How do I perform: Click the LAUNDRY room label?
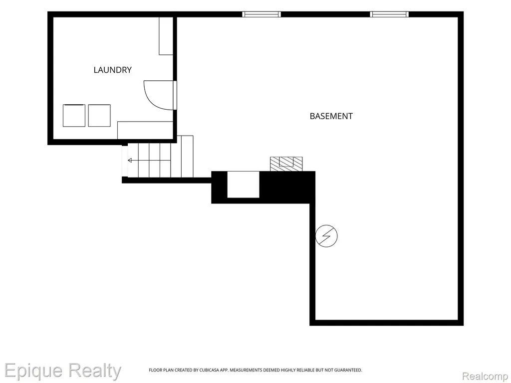(x=112, y=70)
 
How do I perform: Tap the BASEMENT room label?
(x=331, y=116)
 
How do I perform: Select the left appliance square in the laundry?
(x=74, y=115)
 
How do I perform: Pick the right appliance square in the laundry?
(x=99, y=115)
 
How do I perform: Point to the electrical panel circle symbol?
(x=326, y=236)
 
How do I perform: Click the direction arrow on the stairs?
(x=149, y=160)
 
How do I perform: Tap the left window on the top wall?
(x=261, y=14)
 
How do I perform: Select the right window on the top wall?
(x=389, y=14)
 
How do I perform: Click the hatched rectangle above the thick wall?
(x=286, y=164)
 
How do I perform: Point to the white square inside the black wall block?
(x=243, y=185)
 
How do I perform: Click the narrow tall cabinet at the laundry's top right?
(x=166, y=36)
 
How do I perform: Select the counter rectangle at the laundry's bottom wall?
(x=145, y=130)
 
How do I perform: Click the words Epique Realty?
(x=62, y=371)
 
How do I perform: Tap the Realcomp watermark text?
(x=486, y=376)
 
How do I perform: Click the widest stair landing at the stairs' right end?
(x=187, y=156)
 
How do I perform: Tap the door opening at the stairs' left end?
(x=124, y=161)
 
